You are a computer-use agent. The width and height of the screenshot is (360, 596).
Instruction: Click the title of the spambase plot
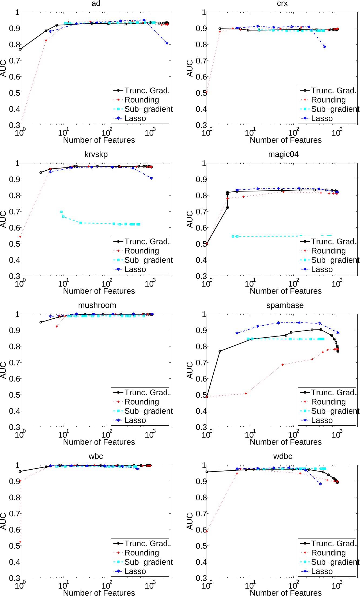pos(285,305)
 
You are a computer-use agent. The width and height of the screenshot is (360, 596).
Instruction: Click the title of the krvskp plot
pos(96,154)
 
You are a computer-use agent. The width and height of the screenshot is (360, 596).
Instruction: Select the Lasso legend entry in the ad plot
pos(135,118)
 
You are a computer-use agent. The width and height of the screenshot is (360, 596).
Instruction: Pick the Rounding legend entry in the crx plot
pos(328,100)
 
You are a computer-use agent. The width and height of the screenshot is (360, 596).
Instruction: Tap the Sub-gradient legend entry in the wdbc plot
pos(335,562)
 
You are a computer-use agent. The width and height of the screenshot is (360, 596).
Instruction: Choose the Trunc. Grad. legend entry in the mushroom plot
pos(146,392)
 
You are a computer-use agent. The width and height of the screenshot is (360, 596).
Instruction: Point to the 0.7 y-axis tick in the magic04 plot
pos(202,211)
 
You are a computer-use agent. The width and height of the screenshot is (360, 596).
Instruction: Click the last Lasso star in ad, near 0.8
pos(167,43)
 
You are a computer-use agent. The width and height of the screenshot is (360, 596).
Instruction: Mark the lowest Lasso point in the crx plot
pos(325,47)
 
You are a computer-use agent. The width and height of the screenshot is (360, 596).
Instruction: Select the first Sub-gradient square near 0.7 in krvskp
pos(61,212)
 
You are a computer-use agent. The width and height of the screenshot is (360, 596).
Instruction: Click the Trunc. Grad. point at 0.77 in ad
pos(20,49)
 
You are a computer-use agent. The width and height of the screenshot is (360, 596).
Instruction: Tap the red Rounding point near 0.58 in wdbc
pos(207,531)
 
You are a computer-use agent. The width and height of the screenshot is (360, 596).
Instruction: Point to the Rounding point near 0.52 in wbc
pos(20,542)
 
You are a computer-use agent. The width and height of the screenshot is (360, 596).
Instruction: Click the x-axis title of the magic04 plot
pos(285,291)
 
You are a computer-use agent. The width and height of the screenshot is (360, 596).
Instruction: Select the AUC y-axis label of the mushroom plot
pos(3,370)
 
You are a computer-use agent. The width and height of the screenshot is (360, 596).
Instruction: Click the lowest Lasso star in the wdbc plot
pos(320,484)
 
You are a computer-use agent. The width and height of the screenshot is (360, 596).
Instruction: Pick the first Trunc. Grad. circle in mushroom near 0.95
pos(41,322)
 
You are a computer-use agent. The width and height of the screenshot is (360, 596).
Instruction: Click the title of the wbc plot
pos(96,456)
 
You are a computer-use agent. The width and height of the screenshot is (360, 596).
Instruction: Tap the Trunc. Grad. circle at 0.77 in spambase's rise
pos(220,351)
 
